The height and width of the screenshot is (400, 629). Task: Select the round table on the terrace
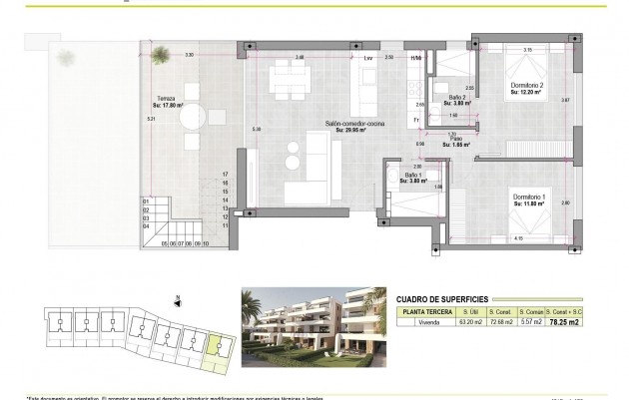coord(193,116)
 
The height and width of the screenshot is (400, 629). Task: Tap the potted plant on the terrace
coord(66,57)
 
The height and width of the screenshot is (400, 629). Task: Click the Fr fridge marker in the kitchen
coord(416,121)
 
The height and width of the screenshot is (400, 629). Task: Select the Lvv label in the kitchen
coord(368,59)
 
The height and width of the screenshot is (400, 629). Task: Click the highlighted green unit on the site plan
coord(215,346)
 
